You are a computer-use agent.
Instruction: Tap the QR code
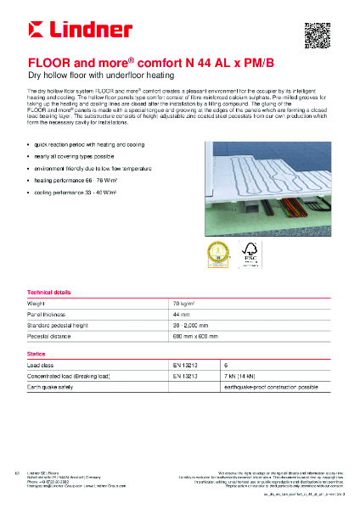point(316,35)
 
